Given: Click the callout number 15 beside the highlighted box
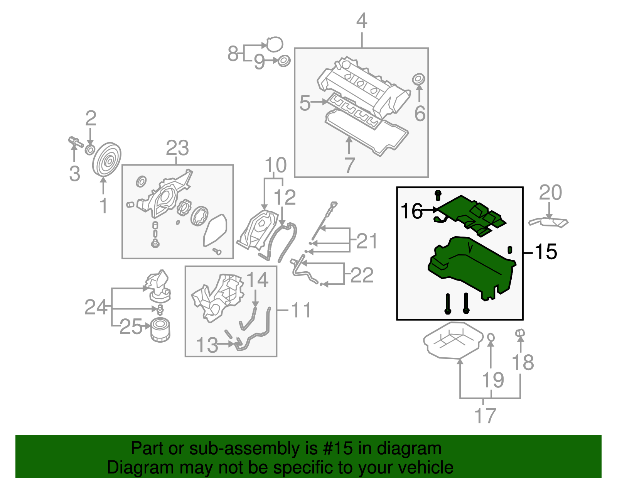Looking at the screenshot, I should [x=546, y=252].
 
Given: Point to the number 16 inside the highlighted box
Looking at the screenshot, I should [x=411, y=211].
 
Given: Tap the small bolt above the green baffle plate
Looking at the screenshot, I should [x=438, y=195].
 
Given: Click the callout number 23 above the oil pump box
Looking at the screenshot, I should [x=177, y=148].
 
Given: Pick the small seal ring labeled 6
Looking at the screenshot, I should [x=418, y=79].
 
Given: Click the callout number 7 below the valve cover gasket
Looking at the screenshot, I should [x=349, y=165].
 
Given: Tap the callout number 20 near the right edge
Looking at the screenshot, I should [x=550, y=192].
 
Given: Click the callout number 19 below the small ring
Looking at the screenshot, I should [x=493, y=380].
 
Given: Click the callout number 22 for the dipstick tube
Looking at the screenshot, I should [x=362, y=275].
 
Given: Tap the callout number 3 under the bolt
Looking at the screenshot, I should [x=74, y=173].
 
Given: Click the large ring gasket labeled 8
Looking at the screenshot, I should [x=274, y=45].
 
